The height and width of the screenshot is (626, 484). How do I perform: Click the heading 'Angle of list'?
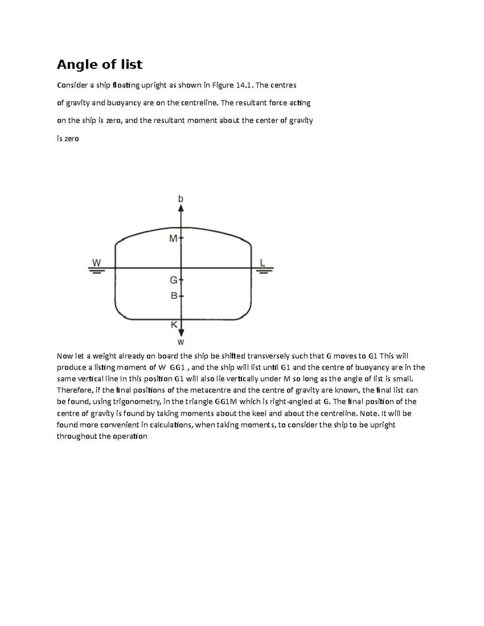(x=99, y=64)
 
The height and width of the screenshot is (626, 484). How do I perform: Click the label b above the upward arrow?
(x=181, y=199)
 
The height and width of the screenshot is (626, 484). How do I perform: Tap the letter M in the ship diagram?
(x=173, y=239)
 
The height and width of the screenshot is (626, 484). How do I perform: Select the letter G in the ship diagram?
(x=173, y=280)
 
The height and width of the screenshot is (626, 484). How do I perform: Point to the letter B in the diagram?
(x=174, y=296)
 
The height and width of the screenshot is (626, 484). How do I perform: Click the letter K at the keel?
(x=174, y=324)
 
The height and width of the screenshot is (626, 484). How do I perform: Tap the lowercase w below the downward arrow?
(x=181, y=343)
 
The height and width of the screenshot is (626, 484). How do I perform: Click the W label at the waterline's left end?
(x=96, y=263)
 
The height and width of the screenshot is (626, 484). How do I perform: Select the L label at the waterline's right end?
(x=263, y=263)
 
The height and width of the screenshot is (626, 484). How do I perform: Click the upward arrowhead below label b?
(x=181, y=208)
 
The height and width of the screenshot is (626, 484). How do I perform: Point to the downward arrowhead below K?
(x=181, y=333)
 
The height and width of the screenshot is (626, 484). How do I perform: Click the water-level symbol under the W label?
(x=96, y=270)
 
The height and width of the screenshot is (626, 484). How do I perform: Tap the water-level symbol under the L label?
(x=263, y=270)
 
